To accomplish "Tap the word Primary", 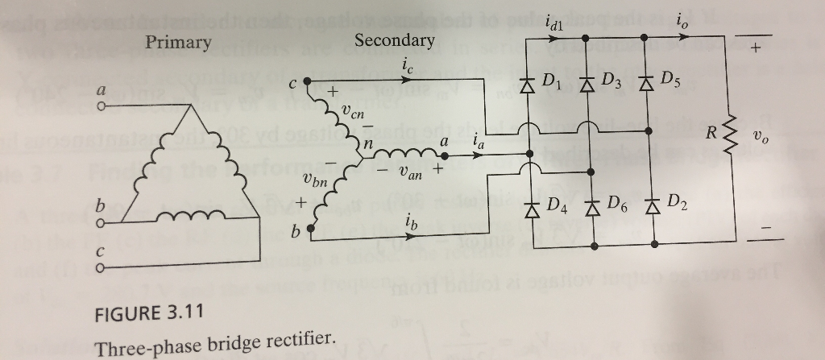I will tap(178, 43).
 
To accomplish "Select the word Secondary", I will tap(394, 39).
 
